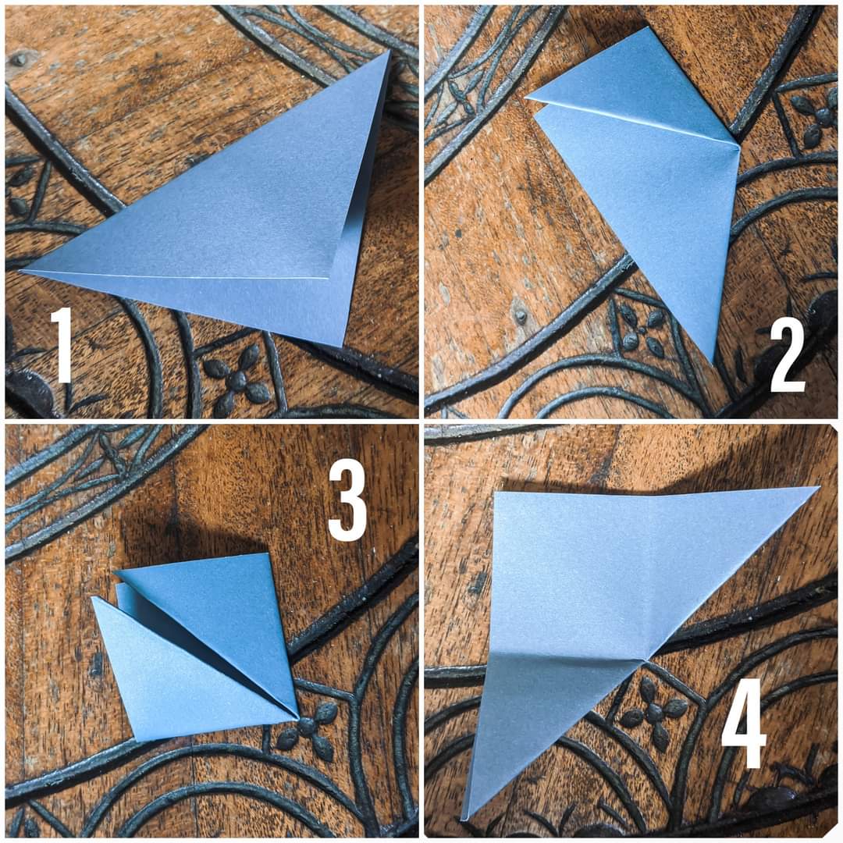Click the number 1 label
(63, 344)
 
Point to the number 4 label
(744, 723)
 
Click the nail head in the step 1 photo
(20, 59)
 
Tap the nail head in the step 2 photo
(520, 317)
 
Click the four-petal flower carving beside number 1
(236, 380)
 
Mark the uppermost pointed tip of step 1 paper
(388, 52)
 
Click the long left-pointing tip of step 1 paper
(23, 270)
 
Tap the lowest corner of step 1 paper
(342, 347)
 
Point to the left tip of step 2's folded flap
(527, 98)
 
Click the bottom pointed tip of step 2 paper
(713, 365)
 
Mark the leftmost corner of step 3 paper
(92, 598)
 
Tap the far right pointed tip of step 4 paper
(817, 488)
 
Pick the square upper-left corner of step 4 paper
(496, 493)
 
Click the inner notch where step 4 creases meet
(647, 659)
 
